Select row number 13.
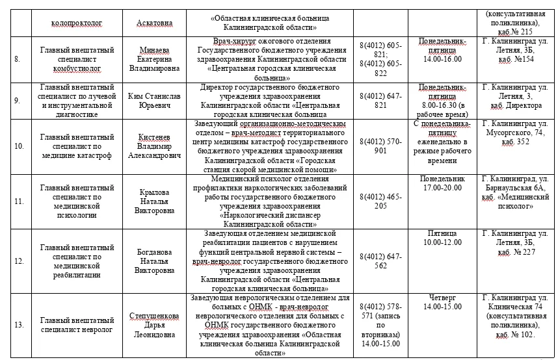(x=18, y=324)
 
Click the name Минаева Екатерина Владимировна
(x=159, y=58)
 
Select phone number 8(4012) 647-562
(x=381, y=260)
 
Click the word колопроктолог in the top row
(x=77, y=23)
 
